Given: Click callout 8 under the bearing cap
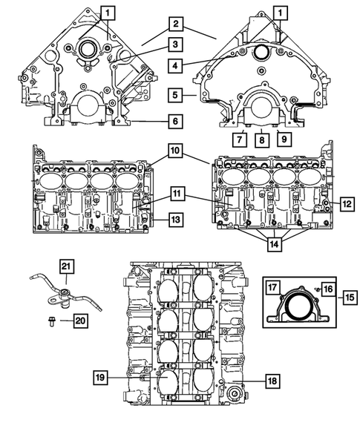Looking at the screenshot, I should coord(261,139).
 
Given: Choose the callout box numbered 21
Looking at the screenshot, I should coord(65,268).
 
